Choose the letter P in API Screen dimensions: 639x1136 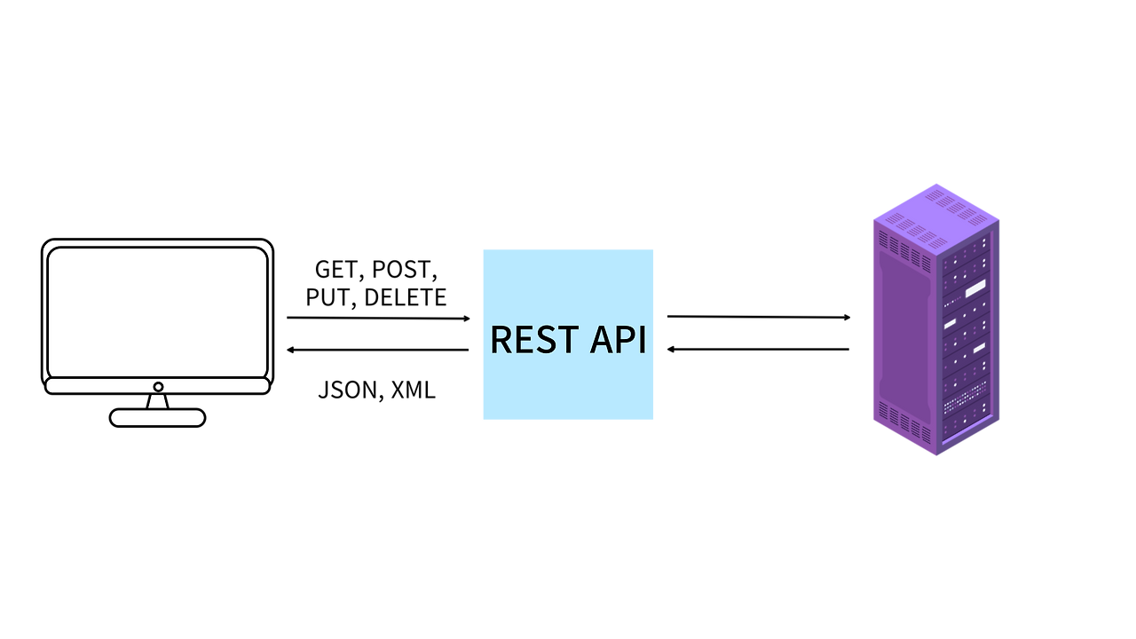point(623,340)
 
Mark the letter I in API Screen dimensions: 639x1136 point(642,340)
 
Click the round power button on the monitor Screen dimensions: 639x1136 point(158,387)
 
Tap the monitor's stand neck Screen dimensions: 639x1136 point(158,402)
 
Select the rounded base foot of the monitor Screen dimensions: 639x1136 point(158,418)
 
